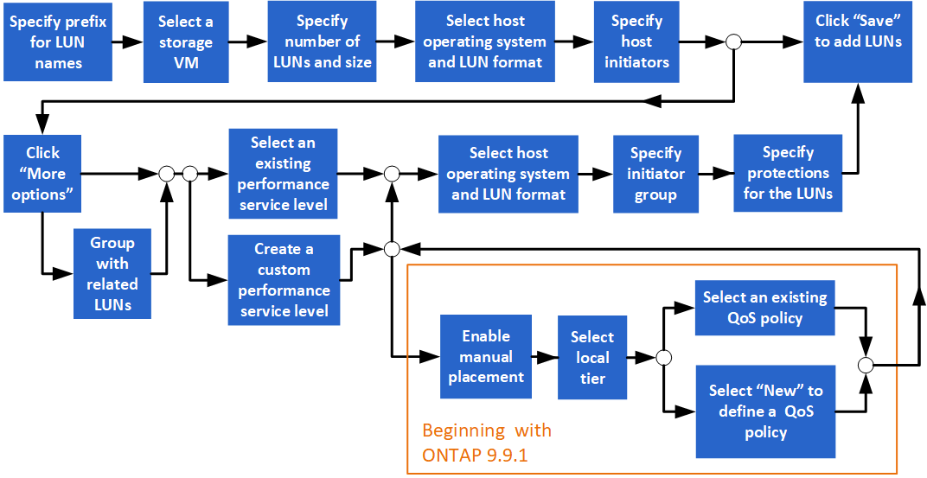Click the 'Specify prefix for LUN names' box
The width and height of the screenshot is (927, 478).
(58, 41)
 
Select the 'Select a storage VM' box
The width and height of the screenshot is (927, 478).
(186, 41)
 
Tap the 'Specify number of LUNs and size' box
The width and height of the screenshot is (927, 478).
(322, 41)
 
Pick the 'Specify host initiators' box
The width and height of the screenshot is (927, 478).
(636, 41)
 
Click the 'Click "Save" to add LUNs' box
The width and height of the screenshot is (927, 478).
(858, 41)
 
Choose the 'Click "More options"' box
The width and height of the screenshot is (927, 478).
(42, 174)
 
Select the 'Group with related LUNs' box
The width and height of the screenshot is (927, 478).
(112, 273)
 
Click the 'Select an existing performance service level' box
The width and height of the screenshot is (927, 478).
(283, 174)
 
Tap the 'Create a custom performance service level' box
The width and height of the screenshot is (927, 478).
(283, 279)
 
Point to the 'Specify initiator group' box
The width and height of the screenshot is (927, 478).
(655, 174)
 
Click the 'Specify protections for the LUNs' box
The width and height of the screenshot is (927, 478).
(788, 174)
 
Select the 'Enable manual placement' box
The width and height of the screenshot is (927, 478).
(485, 356)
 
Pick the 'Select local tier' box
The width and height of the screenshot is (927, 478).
(592, 357)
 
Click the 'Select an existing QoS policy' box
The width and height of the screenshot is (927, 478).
(764, 308)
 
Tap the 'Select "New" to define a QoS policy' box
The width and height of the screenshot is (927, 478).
(764, 411)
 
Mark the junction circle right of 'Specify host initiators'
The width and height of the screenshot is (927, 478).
(733, 41)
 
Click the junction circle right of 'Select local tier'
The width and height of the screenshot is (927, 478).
(664, 357)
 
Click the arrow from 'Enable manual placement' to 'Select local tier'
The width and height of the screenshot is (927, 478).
(544, 356)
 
